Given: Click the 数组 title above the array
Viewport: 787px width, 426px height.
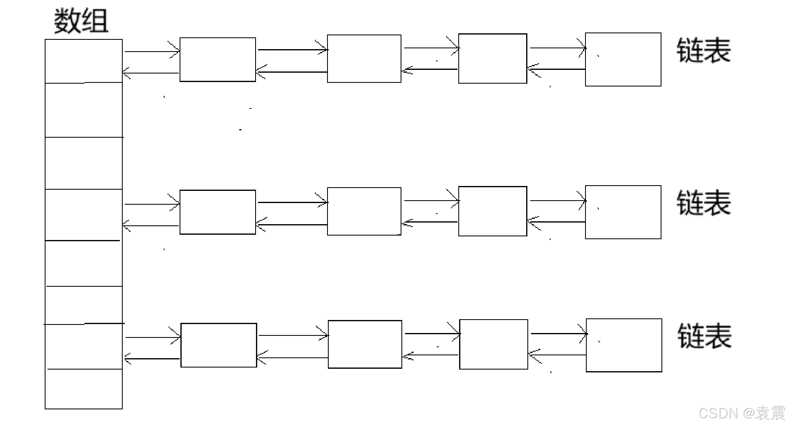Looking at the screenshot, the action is (x=81, y=21).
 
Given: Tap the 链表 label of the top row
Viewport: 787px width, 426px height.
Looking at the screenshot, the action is (x=704, y=51).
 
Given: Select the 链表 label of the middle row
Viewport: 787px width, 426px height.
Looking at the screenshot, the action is (x=704, y=203).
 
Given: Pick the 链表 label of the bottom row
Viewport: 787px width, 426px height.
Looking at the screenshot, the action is (x=705, y=336).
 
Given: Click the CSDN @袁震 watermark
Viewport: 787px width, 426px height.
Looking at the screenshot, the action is (x=741, y=413).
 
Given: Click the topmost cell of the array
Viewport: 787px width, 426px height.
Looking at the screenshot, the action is (x=84, y=61).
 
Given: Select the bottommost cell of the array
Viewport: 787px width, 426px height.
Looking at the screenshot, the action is (x=84, y=389).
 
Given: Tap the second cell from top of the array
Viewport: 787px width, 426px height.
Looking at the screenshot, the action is (x=84, y=110).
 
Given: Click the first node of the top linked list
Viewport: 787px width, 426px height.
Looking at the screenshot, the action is (x=218, y=60).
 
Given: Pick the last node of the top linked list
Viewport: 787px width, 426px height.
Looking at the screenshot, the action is (x=623, y=60).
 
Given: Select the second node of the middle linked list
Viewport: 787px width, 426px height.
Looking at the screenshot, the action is (x=364, y=211).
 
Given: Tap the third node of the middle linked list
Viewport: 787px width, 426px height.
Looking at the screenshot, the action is (x=493, y=211).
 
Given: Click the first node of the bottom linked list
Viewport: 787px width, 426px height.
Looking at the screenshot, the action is (x=219, y=345).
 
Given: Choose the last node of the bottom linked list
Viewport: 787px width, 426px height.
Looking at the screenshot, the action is (x=624, y=345).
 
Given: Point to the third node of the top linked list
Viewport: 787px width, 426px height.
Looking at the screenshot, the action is (x=493, y=58).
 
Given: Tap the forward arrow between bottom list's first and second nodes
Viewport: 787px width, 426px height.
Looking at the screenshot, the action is (x=293, y=335).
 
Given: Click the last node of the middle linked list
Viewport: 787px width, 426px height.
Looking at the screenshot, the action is (x=623, y=212).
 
